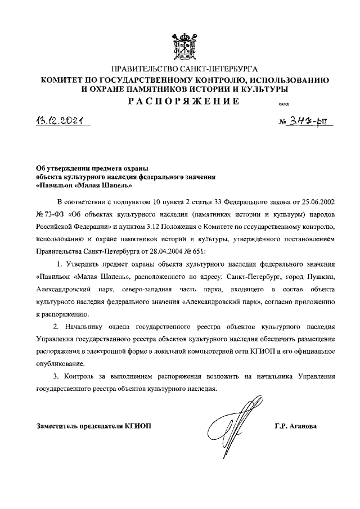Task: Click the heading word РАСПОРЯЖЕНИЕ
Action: [x=178, y=101]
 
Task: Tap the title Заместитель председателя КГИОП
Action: [x=93, y=426]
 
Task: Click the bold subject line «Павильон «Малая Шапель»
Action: [x=84, y=184]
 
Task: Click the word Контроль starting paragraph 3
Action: [x=86, y=376]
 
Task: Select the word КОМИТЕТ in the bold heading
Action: [x=65, y=80]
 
